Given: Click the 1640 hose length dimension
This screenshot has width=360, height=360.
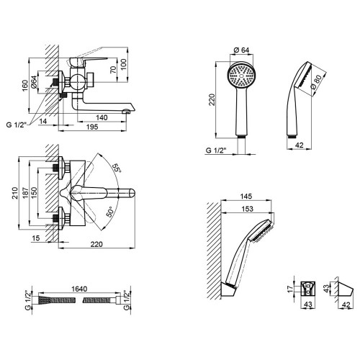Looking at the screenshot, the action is coord(79,289).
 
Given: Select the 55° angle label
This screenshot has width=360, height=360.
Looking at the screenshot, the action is coord(117,168).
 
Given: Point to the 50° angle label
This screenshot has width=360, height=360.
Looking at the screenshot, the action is coord(109,212).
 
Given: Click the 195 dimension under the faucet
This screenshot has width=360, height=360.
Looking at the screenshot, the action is coord(92,127).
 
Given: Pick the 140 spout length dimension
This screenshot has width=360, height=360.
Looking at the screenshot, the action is coord(102,117).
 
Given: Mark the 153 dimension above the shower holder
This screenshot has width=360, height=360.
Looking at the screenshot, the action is coord(247,209).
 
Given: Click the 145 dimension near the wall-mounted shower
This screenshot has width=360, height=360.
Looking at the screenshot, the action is coord(246,197).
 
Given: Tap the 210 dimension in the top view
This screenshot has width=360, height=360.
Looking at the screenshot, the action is coord(15,193).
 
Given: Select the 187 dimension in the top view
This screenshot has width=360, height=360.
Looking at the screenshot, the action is coord(25,193).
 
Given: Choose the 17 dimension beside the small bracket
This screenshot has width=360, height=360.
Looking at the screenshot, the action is coord(291,289).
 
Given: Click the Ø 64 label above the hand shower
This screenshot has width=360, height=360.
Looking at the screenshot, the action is coord(241,50).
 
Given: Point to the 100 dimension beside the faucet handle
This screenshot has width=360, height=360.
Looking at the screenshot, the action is coord(123,64).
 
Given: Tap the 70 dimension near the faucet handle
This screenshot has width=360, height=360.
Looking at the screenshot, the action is coord(113,69).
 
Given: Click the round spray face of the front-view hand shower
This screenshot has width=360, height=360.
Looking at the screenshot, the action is coord(241,76).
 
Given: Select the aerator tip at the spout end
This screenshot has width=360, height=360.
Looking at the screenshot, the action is coord(126,111).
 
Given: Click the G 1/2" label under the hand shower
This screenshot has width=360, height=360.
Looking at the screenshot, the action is coord(216,150).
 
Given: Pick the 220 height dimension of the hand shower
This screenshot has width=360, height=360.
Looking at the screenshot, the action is coord(212,99).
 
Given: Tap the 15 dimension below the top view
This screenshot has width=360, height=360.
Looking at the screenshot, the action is coord(36,238).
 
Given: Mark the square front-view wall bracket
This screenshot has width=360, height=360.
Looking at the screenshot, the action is coord(308,289).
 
